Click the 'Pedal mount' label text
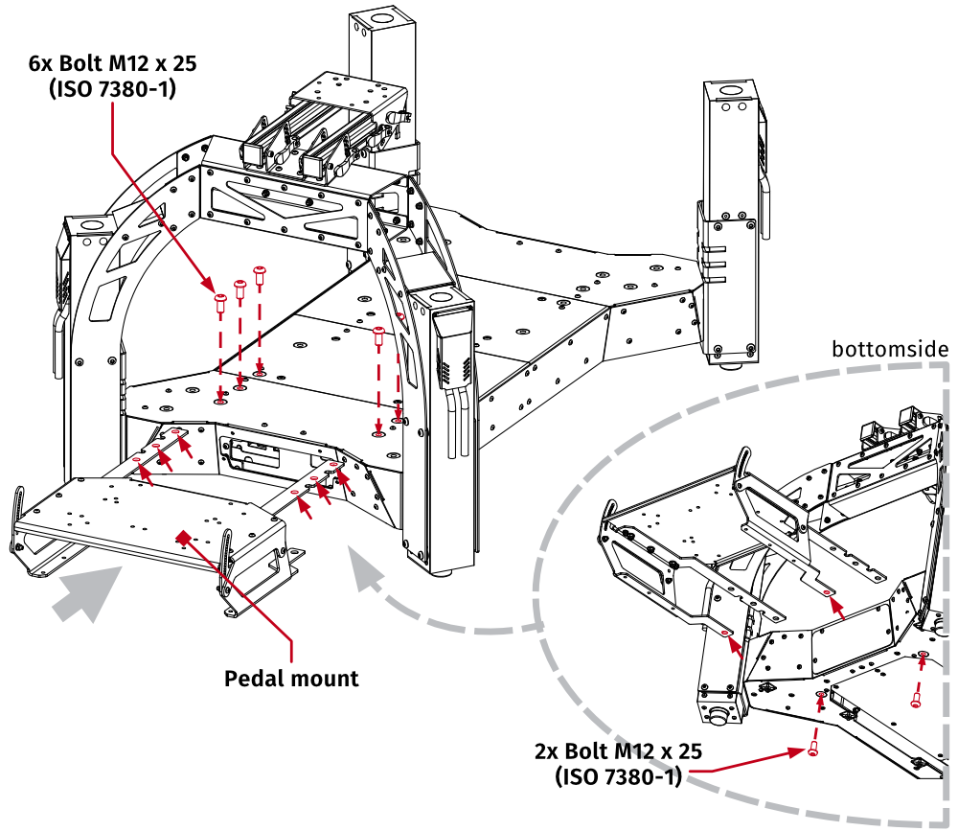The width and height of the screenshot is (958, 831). point(291,679)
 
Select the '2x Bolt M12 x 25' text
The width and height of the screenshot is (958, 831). point(618,751)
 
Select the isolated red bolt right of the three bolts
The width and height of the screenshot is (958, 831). point(378,336)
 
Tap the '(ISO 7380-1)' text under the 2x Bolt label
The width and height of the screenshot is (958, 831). point(618,776)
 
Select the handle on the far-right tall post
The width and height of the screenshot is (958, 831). point(764,187)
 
